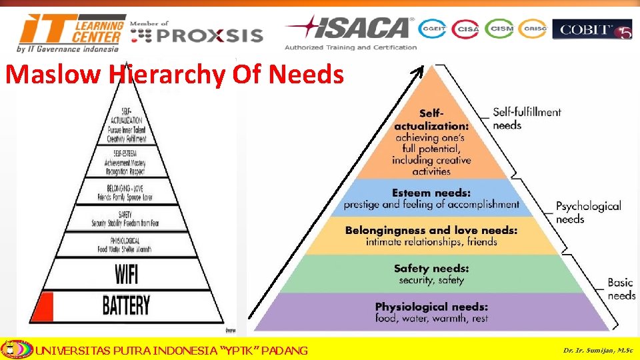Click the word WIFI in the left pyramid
click(126, 274)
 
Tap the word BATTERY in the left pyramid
click(126, 306)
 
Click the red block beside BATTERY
click(43, 306)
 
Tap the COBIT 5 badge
click(591, 29)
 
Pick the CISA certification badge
click(465, 29)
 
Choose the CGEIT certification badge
click(432, 29)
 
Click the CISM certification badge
click(499, 29)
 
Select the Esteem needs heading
click(431, 193)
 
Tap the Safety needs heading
click(431, 269)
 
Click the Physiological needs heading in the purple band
click(431, 307)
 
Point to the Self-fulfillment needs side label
click(527, 119)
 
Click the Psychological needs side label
click(588, 212)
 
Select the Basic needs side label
click(621, 289)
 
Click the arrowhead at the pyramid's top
click(419, 69)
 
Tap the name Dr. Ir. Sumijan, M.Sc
click(597, 350)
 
